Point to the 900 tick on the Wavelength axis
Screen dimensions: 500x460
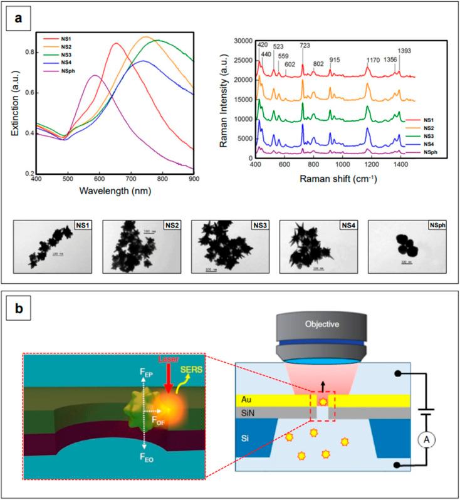(194, 179)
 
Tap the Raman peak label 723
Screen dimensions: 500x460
(303, 46)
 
